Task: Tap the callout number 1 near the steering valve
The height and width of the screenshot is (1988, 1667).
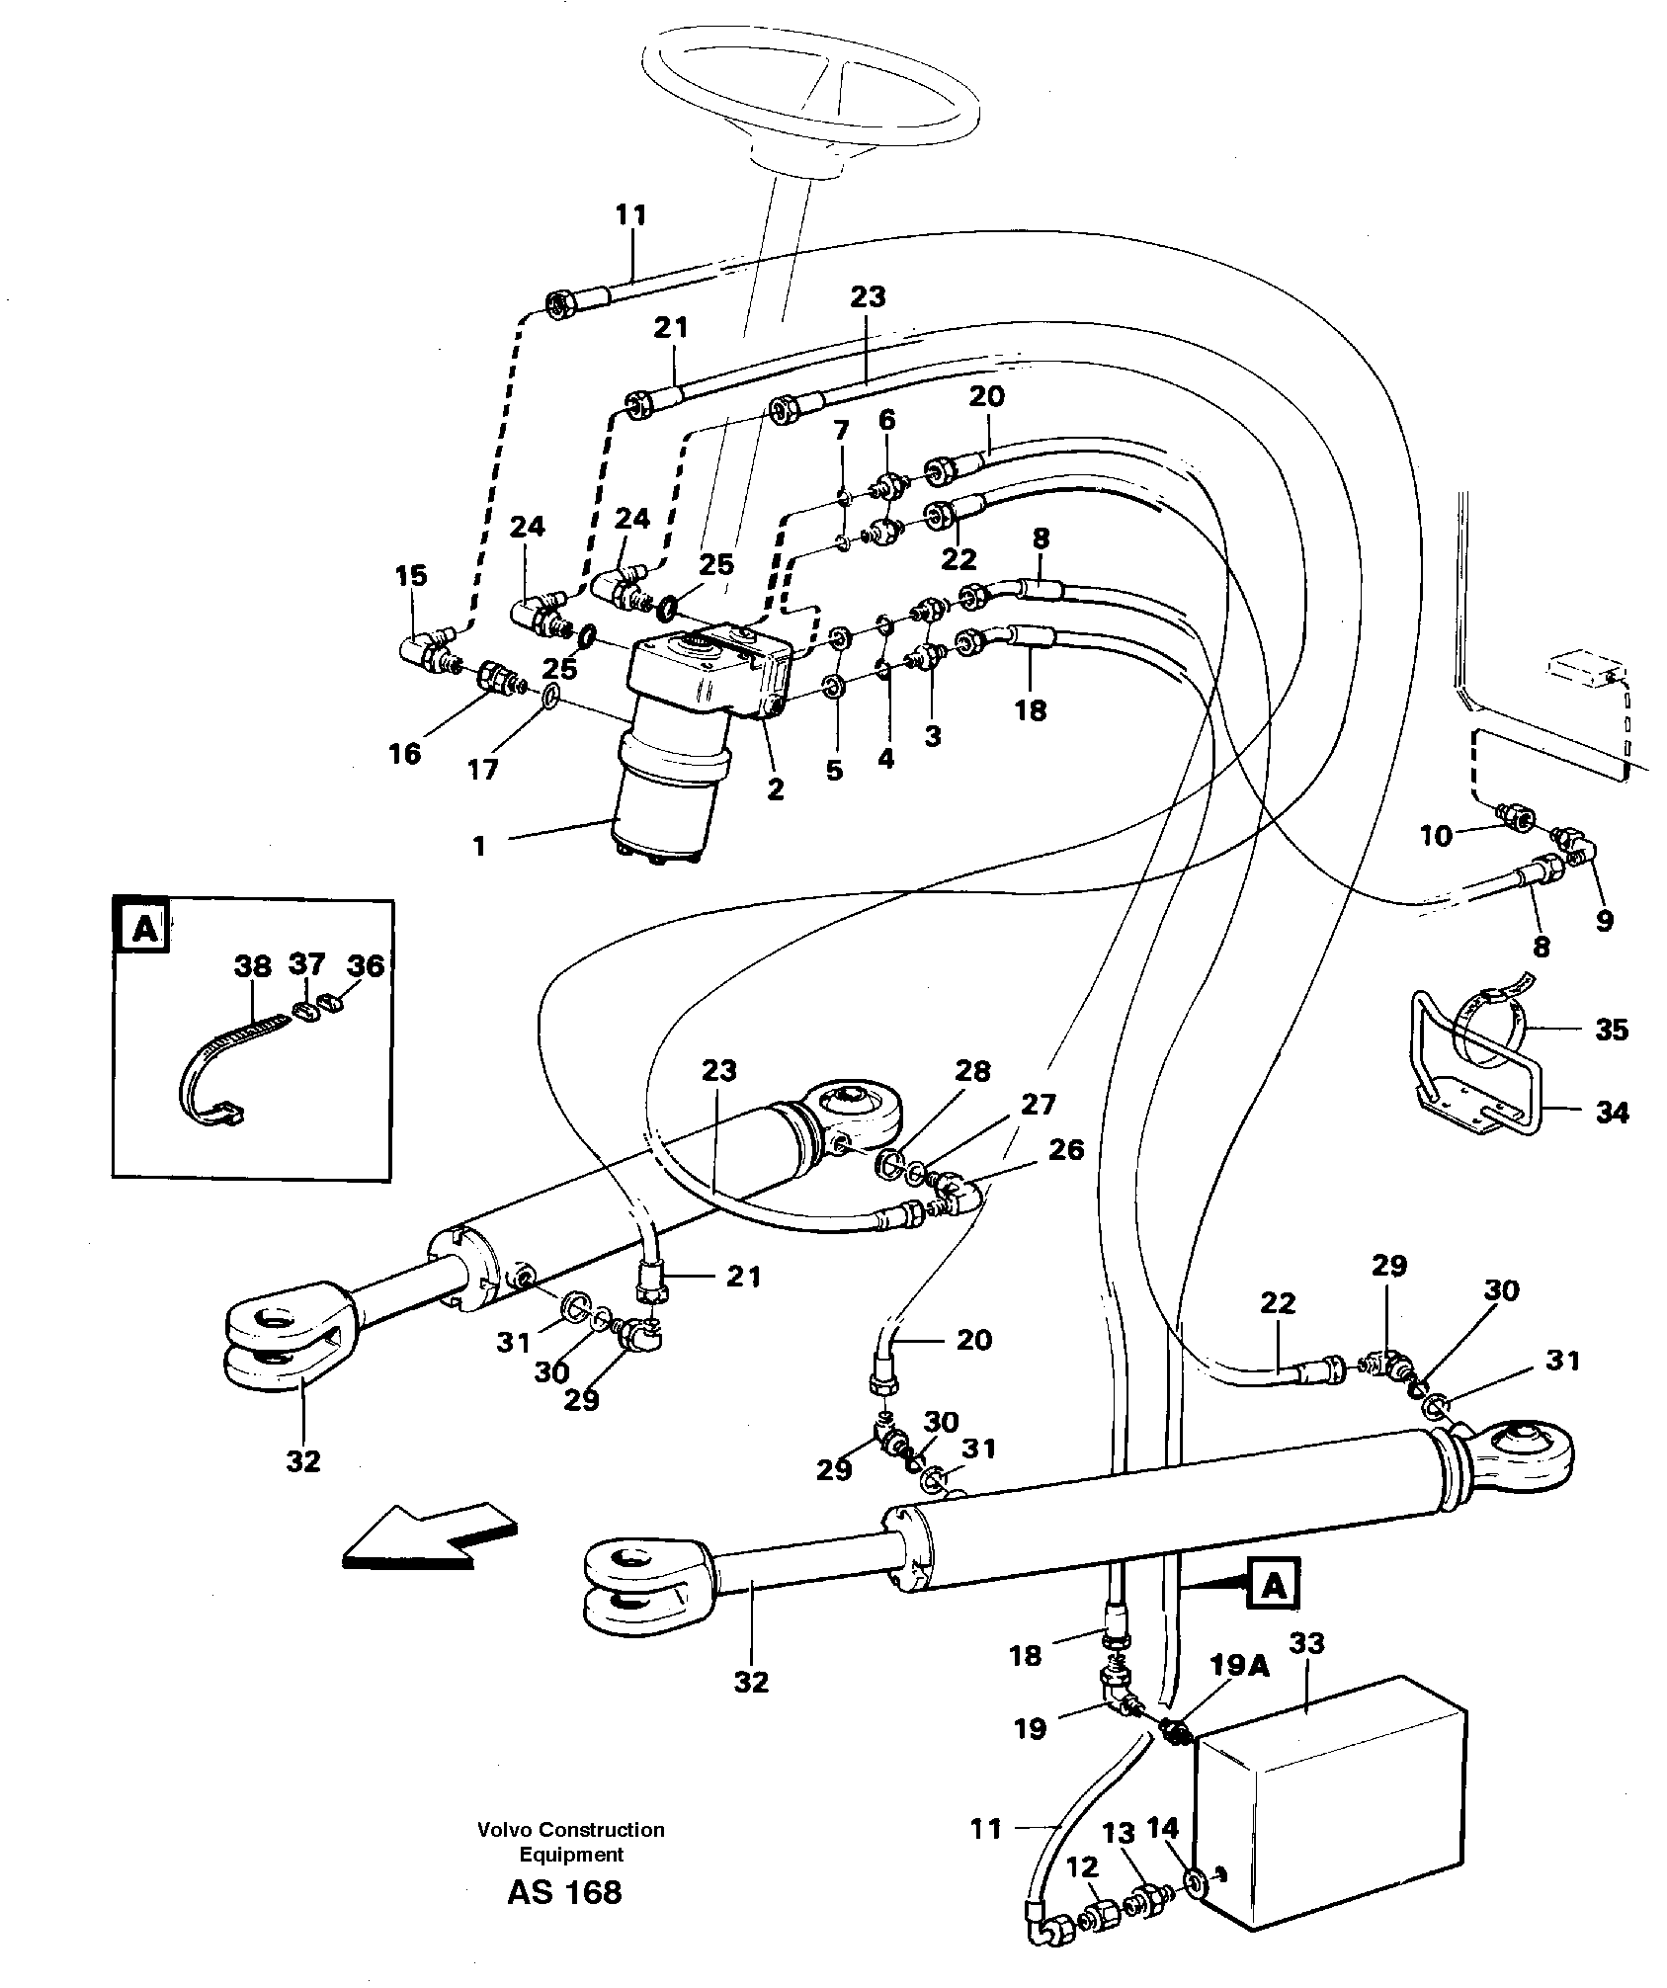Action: [x=479, y=846]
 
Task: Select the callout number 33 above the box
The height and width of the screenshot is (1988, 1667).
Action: [x=1307, y=1643]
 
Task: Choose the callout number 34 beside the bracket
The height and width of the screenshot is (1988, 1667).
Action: [x=1613, y=1113]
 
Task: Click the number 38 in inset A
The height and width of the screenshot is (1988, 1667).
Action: [x=253, y=965]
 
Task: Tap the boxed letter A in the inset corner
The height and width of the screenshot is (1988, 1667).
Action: [x=145, y=930]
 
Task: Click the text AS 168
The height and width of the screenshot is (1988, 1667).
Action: [x=564, y=1892]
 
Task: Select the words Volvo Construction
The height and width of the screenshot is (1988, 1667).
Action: [x=571, y=1830]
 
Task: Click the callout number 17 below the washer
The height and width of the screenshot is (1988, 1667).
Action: [x=482, y=769]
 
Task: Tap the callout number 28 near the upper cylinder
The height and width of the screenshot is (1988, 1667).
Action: [x=972, y=1071]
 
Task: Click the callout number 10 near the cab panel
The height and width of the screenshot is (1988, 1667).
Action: [x=1436, y=836]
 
